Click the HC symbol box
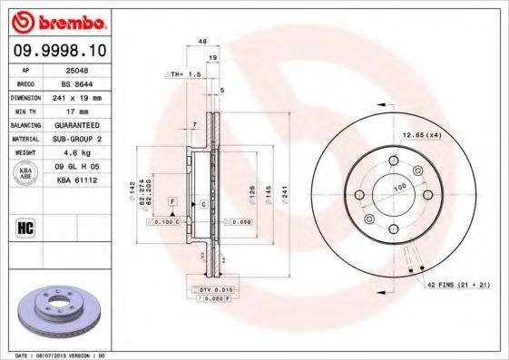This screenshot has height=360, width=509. point(26,228)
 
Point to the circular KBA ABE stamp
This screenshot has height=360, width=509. point(27,174)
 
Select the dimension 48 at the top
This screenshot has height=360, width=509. point(202,42)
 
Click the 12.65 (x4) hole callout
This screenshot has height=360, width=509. point(420,135)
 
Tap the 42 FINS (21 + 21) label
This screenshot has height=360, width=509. point(457,285)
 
